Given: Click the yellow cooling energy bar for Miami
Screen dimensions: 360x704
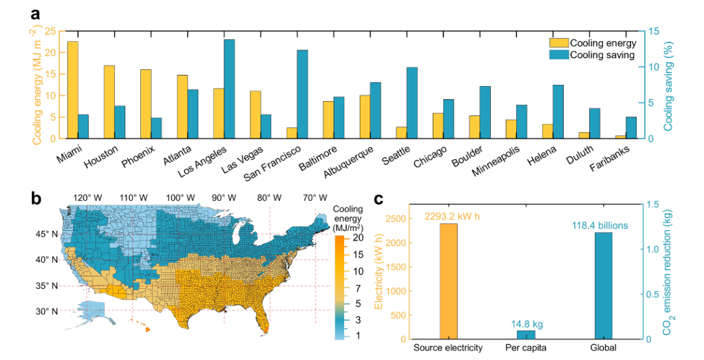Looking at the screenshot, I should [x=73, y=90].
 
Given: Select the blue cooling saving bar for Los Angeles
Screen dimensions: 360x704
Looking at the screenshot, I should [x=229, y=89].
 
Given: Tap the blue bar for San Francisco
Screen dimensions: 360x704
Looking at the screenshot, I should [x=302, y=94].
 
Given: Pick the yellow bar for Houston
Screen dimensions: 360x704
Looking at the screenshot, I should [x=110, y=102].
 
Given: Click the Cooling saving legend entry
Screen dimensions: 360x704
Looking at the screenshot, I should [x=602, y=55].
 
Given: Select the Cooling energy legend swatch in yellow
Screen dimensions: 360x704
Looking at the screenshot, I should [x=559, y=44].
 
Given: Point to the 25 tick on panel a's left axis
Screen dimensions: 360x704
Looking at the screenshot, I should [x=54, y=31].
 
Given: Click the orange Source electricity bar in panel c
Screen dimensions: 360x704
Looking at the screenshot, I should [x=448, y=281].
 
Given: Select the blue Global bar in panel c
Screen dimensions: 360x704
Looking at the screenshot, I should [x=604, y=286].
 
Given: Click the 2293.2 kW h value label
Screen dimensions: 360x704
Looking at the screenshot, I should [x=450, y=216].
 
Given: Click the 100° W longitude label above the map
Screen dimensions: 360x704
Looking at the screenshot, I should [x=179, y=197].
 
